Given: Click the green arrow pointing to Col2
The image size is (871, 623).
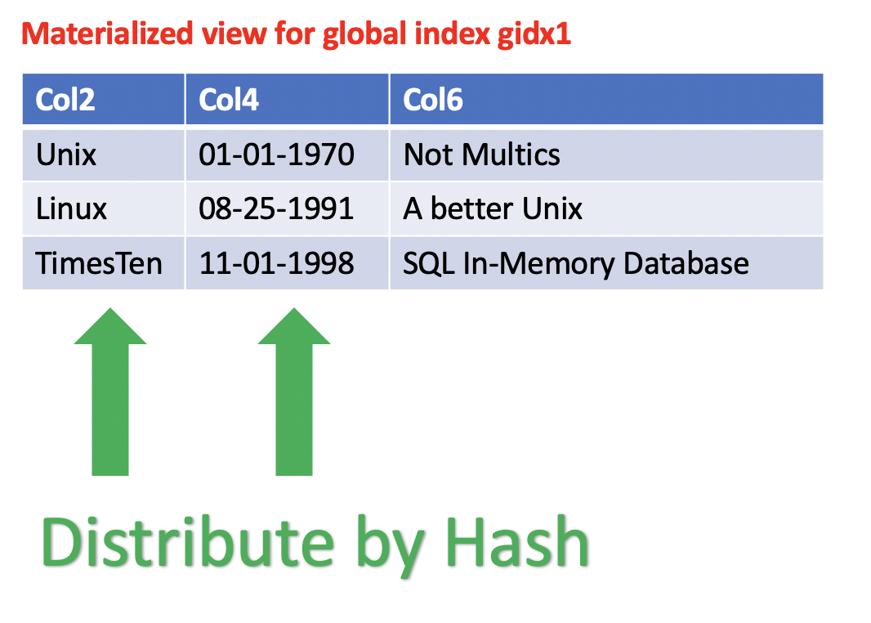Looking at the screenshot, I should [x=110, y=392].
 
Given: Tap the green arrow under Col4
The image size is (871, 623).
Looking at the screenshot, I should [x=294, y=392].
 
